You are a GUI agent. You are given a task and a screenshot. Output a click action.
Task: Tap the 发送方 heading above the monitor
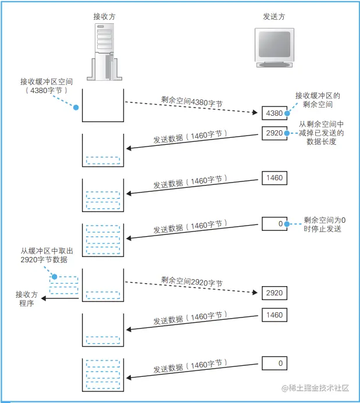[x=274, y=17]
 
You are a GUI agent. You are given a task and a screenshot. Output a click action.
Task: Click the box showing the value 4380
[x=273, y=113]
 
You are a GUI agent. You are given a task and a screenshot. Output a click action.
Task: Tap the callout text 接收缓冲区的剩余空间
[x=318, y=100]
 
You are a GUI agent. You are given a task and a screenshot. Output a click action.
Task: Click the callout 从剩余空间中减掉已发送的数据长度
[x=322, y=133]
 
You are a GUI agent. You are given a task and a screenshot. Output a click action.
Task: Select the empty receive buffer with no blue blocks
[x=103, y=105]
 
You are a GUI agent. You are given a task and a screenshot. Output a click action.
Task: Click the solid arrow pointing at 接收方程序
[x=60, y=298]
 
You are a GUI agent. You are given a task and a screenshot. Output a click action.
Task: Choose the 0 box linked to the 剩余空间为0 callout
[x=273, y=223]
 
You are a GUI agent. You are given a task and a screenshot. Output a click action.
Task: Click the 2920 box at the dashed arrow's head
[x=273, y=293]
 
